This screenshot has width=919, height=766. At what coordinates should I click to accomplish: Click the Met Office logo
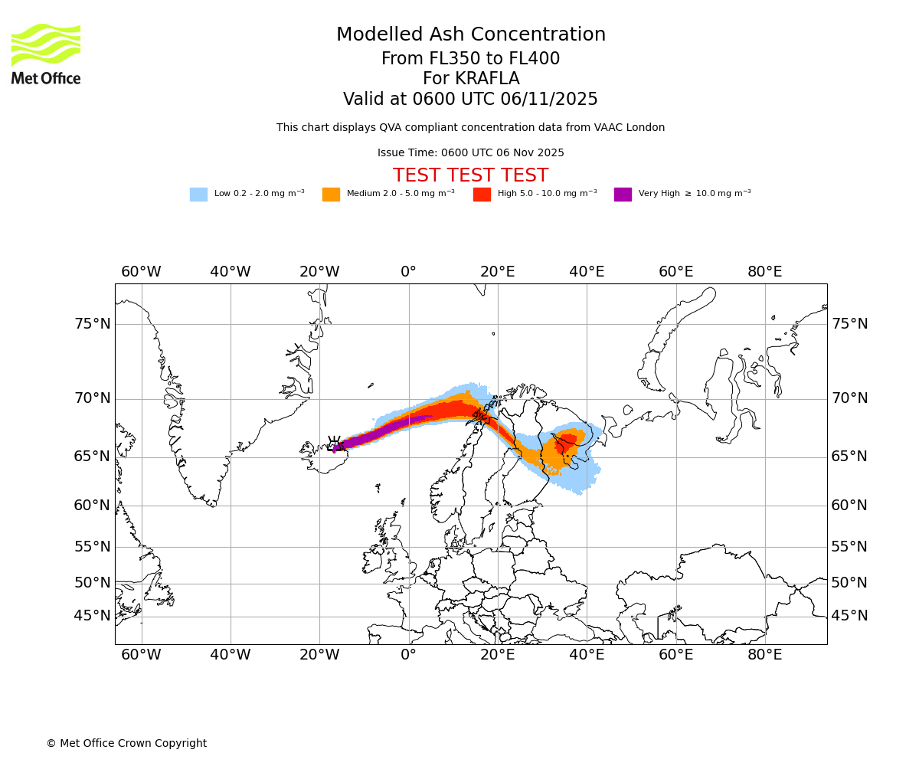(x=46, y=54)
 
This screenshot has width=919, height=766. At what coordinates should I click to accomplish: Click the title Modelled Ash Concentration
(x=470, y=34)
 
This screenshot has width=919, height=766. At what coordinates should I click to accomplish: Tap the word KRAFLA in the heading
(x=470, y=79)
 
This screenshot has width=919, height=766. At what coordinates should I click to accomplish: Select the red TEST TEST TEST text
(x=470, y=175)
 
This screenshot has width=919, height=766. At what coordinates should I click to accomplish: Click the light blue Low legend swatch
(x=198, y=194)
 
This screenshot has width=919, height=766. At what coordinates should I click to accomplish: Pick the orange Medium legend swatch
(x=331, y=194)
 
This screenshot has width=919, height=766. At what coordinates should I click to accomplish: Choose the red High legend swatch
(x=482, y=194)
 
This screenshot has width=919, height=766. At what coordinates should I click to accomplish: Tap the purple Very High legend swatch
(x=623, y=194)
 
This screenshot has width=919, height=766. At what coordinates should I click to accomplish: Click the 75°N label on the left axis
(x=92, y=323)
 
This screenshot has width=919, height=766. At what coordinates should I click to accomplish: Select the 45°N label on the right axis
(x=849, y=616)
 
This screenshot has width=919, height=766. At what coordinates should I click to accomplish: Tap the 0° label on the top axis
(x=408, y=271)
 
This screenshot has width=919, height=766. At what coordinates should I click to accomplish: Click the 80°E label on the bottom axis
(x=764, y=655)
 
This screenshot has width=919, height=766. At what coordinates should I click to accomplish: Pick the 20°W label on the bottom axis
(x=319, y=655)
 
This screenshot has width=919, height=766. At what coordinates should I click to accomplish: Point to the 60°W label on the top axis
(x=141, y=271)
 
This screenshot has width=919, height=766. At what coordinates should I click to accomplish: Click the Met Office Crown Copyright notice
(x=126, y=743)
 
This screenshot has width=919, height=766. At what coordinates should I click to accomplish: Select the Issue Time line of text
(x=470, y=152)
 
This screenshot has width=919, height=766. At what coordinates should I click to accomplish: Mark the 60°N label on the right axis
(x=849, y=505)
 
